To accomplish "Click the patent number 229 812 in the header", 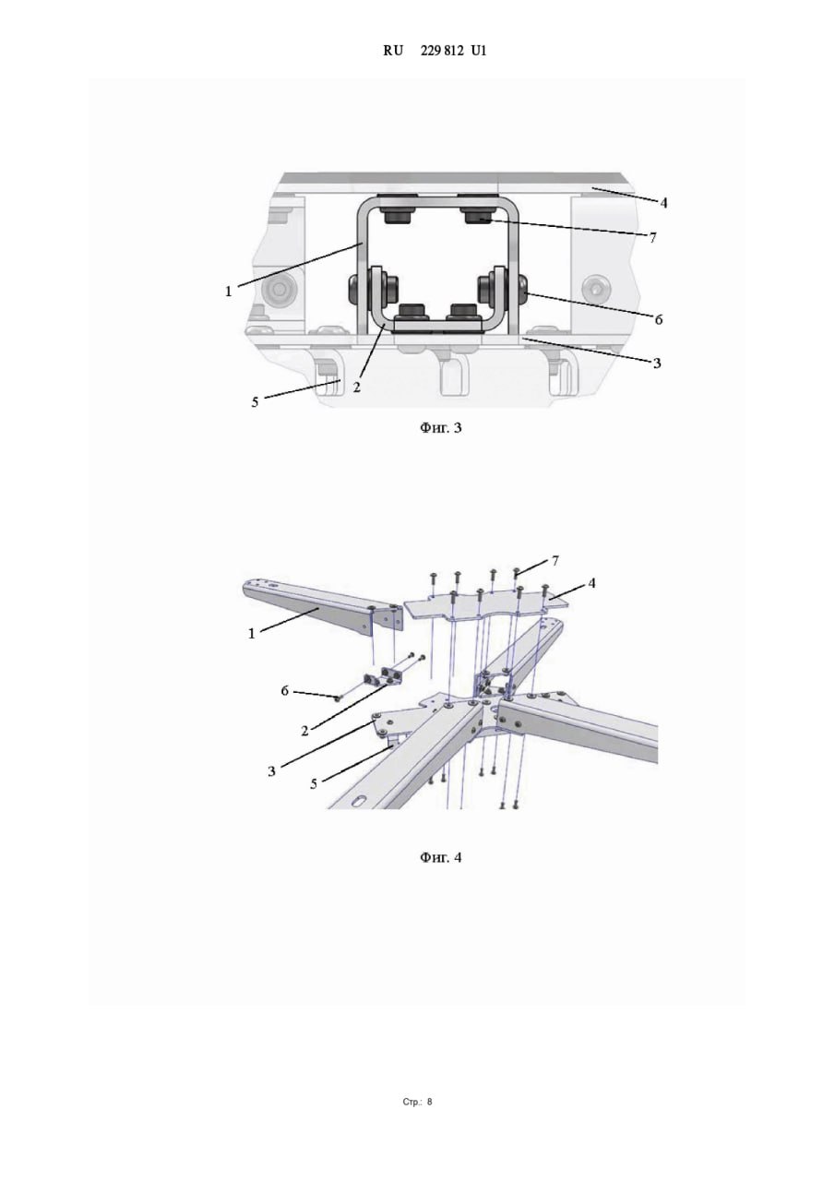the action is [x=442, y=51].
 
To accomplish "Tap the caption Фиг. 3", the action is [x=441, y=427].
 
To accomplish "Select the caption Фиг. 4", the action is [x=441, y=858].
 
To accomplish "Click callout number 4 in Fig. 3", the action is [x=663, y=203].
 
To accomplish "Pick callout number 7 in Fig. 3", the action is [x=652, y=238].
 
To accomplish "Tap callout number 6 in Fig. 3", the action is [x=659, y=319].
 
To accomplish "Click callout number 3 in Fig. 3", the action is [x=657, y=364].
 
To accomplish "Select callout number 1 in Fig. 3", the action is [x=228, y=291].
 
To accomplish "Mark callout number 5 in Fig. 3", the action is [x=256, y=403].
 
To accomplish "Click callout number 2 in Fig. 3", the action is [x=357, y=388].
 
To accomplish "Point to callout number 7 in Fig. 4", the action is [x=555, y=561].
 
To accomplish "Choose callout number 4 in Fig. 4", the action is [x=592, y=584].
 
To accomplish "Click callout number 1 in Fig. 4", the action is [x=252, y=634].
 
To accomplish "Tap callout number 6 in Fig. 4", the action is [x=285, y=691].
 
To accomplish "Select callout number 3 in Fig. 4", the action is [x=271, y=772].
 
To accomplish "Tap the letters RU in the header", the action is [x=393, y=51].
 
